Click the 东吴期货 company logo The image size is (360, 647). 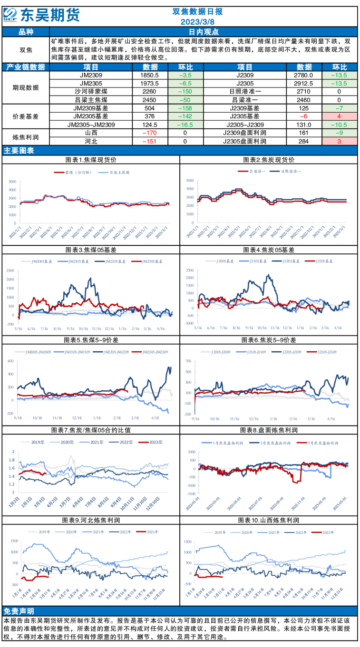click(x=41, y=15)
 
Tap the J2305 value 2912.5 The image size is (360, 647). click(x=304, y=83)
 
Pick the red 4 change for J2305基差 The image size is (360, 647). click(x=339, y=116)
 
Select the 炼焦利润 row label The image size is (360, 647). click(x=26, y=137)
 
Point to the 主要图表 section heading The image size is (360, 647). click(x=19, y=151)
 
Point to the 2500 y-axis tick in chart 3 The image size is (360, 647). click(x=10, y=270)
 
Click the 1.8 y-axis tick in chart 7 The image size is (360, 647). click(x=13, y=460)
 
